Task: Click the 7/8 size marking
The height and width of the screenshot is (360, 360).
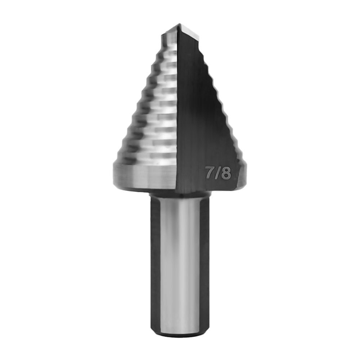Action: click(217, 173)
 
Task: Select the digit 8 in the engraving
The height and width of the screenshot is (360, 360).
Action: click(226, 174)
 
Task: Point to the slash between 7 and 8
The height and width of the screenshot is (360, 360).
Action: click(218, 173)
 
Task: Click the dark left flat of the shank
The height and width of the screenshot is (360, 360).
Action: click(155, 263)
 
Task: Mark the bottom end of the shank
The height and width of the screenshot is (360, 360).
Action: click(179, 335)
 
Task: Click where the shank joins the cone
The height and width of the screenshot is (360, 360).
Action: click(179, 194)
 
